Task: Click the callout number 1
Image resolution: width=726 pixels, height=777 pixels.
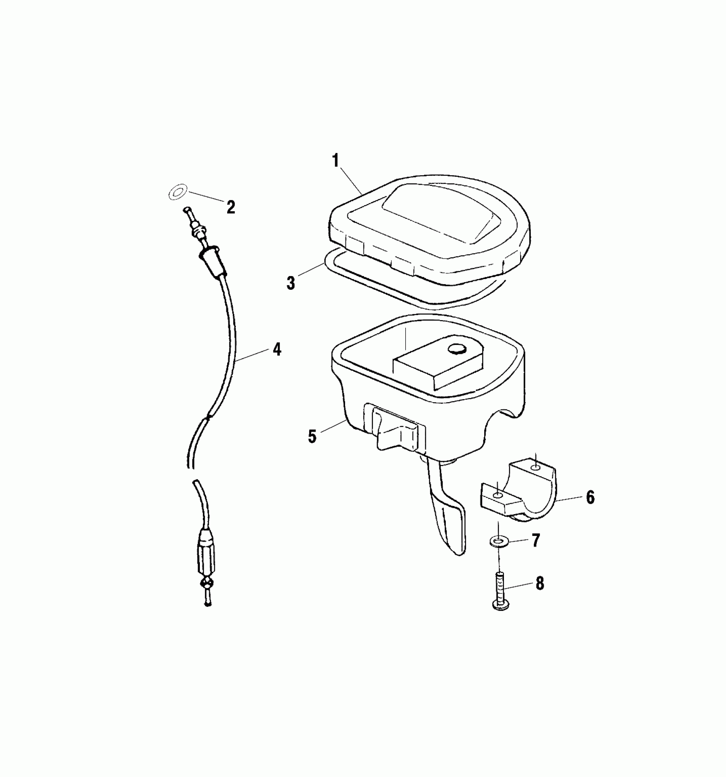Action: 335,161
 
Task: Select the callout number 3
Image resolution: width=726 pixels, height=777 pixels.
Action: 291,283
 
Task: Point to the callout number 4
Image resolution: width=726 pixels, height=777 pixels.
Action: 277,350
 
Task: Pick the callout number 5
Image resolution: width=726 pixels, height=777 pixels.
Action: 312,436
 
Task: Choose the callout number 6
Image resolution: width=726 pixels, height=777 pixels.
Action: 590,497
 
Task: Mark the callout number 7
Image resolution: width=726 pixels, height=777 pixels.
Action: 536,541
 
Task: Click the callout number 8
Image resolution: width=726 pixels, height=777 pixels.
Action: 540,583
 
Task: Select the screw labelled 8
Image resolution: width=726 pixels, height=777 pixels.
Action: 499,590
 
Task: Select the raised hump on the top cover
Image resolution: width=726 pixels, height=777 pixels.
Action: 436,214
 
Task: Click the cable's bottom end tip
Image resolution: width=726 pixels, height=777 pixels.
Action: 208,604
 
